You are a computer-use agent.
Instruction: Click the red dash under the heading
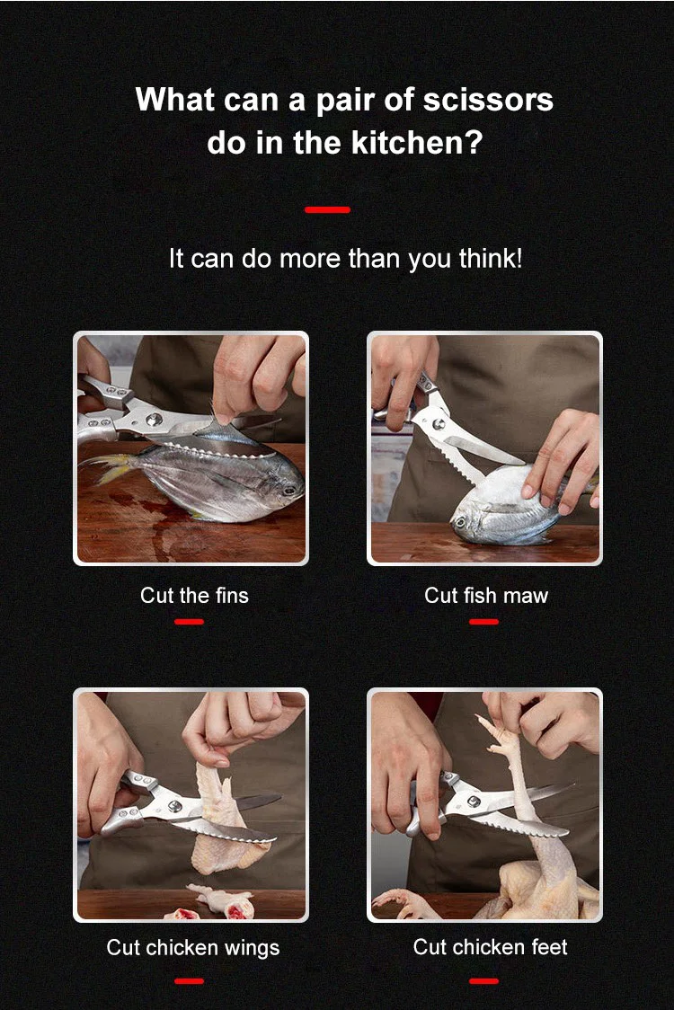[x=327, y=209]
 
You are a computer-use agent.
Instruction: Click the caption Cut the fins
[x=195, y=595]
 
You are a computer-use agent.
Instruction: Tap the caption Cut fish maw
[x=486, y=595]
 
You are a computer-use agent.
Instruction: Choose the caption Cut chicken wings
[x=192, y=947]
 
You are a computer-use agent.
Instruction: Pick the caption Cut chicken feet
[x=490, y=947]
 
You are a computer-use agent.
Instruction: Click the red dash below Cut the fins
[x=189, y=622]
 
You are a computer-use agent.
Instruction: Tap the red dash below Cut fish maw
[x=483, y=622]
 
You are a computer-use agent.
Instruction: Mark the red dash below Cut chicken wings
[x=189, y=981]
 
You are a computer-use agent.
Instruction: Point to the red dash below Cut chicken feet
[x=483, y=981]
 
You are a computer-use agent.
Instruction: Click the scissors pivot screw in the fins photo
[x=154, y=420]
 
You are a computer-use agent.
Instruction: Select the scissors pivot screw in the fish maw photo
[x=439, y=423]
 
